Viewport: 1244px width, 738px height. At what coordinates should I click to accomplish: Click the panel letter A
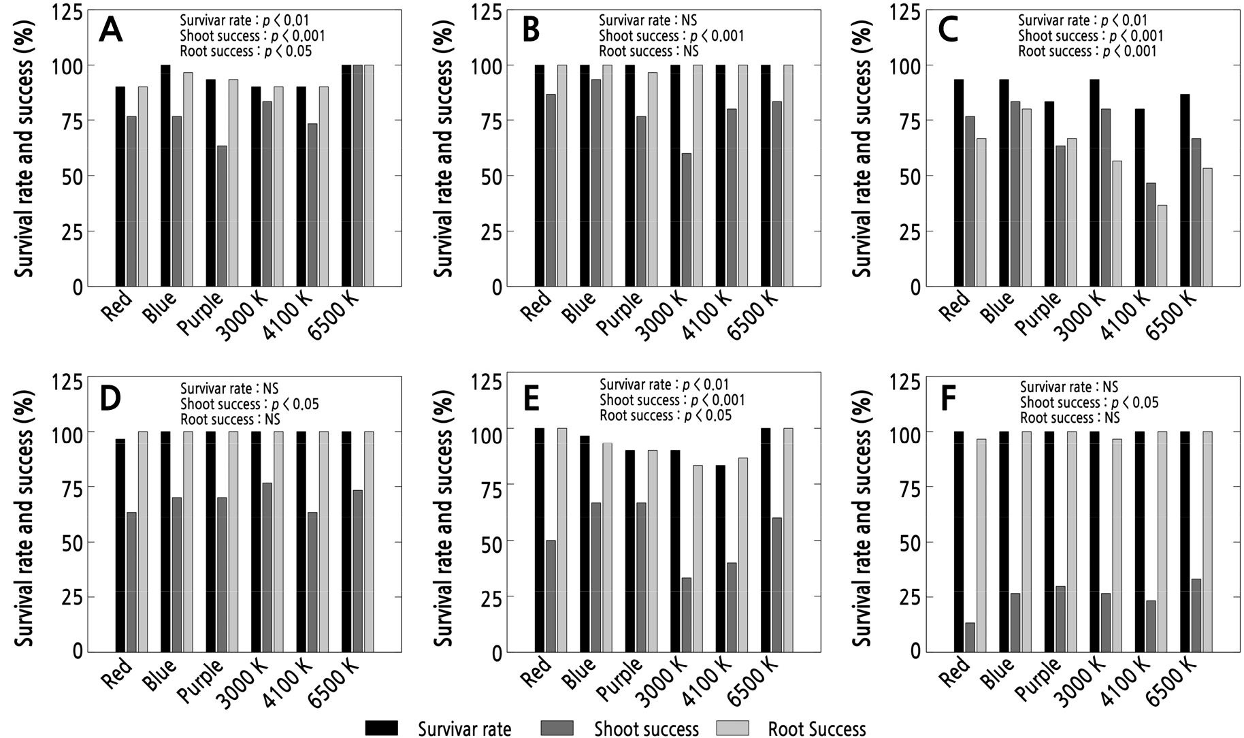[111, 31]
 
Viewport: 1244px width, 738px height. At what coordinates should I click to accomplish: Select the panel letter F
[948, 400]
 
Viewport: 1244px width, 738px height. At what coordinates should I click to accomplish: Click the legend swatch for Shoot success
[557, 728]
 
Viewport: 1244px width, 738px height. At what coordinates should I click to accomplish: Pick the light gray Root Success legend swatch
[732, 728]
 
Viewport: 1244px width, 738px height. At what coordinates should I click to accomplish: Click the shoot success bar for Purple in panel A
[222, 216]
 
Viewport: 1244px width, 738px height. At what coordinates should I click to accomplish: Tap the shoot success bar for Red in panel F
[970, 637]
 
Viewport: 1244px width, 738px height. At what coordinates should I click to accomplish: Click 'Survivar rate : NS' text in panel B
[647, 21]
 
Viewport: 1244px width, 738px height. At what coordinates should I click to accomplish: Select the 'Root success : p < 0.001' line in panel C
[1087, 51]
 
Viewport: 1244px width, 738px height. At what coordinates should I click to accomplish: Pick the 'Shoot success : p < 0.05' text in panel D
[249, 404]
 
